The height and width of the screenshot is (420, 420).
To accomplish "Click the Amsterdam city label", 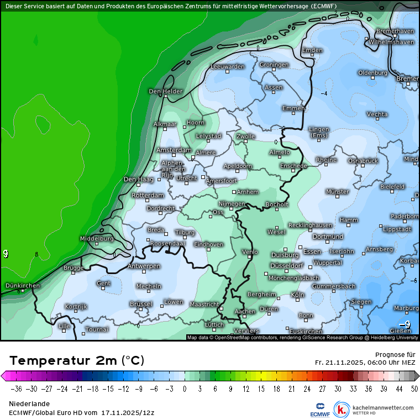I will coord(174,150).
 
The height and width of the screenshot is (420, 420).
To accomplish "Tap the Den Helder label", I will coord(165,91).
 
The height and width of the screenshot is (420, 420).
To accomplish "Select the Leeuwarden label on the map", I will coord(227,66).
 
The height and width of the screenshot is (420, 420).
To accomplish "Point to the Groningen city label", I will coord(274,65).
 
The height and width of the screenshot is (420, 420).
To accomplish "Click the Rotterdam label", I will coord(148,196).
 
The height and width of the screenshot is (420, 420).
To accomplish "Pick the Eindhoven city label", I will coord(208,244).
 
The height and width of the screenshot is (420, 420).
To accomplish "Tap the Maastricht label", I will coord(204,304).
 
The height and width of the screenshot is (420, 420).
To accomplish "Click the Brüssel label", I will coord(140,304).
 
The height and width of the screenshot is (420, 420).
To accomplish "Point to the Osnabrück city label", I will coord(363,160).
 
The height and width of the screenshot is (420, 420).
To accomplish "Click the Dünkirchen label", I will coord(22,286).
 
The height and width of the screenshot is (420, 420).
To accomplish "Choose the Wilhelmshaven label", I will coord(391,42).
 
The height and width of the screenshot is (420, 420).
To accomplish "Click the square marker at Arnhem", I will coord(234,192).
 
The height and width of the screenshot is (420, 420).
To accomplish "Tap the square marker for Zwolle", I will coord(245,141).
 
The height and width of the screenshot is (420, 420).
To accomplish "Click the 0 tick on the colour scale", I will coord(183,389).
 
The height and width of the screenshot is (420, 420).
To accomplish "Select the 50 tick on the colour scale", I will coord(414,389).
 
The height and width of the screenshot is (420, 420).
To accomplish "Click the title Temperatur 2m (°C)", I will coord(77,361).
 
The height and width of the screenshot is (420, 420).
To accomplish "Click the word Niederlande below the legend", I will coord(29,404).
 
